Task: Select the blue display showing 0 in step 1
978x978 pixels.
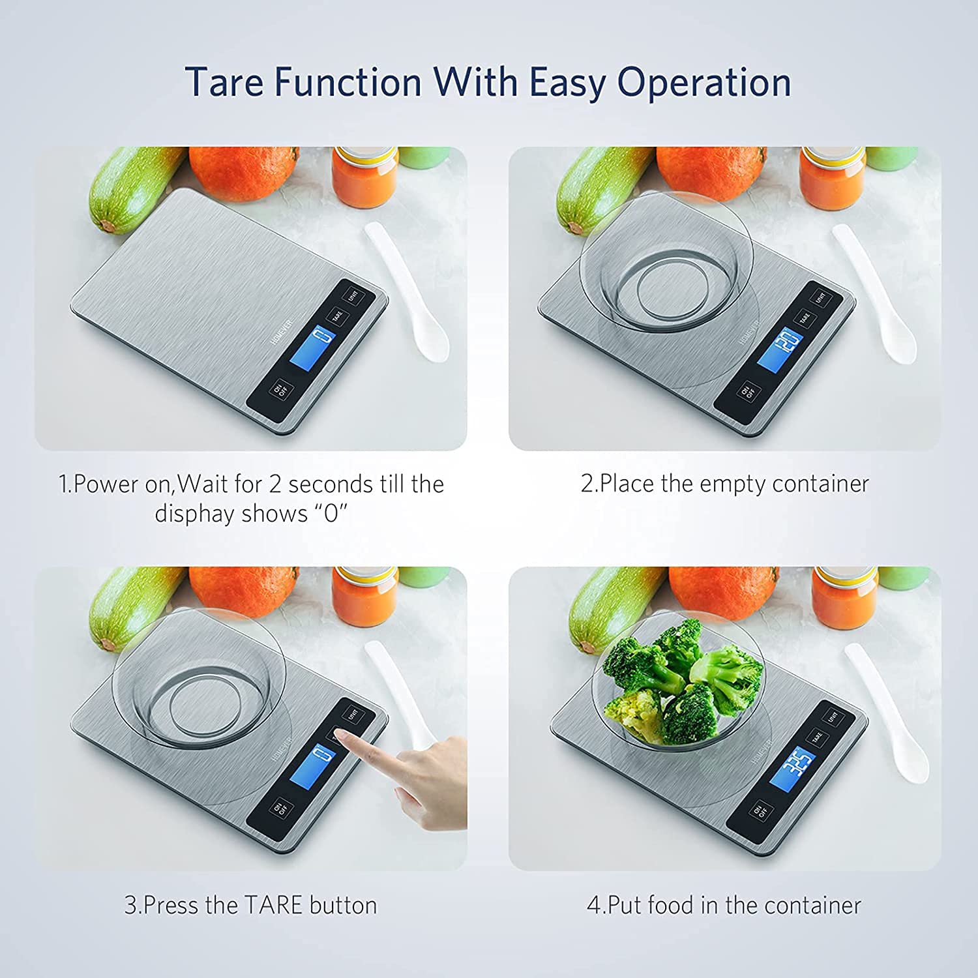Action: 312,349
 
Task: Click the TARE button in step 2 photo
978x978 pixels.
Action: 804,318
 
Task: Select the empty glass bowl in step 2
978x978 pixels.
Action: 666,261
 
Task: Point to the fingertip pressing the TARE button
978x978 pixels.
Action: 342,737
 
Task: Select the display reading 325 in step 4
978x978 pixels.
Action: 793,769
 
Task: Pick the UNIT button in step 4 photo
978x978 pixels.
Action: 833,717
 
